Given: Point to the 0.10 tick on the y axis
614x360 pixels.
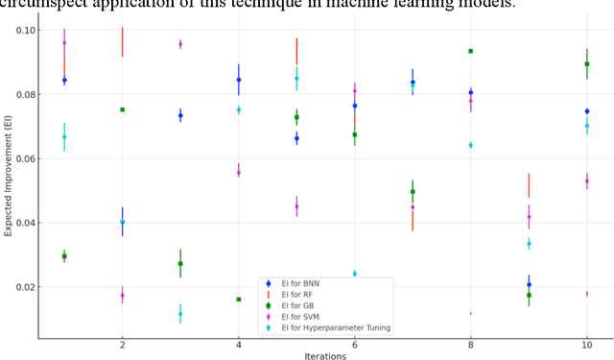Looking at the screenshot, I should tap(22, 31).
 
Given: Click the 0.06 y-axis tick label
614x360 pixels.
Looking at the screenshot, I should tap(22, 158).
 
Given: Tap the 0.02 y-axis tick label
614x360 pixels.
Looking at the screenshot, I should tap(22, 287).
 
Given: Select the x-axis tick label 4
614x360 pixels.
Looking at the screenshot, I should tap(238, 345).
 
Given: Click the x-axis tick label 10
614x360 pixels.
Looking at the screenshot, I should tap(586, 345).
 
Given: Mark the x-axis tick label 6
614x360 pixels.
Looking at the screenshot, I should tap(354, 345).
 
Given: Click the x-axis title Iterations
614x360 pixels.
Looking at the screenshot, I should tap(324, 355).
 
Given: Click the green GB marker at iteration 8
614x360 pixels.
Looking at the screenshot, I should tap(470, 51).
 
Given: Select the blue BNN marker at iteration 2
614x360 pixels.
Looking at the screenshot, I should tap(122, 222).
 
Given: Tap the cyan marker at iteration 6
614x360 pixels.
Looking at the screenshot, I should tap(354, 274).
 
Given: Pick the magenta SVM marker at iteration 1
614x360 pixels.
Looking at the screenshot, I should tap(64, 43).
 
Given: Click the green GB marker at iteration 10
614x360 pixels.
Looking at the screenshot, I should tap(586, 64).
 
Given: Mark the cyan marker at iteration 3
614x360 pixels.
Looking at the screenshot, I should tap(180, 314).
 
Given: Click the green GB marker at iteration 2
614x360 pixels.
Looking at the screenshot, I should tap(122, 109).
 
